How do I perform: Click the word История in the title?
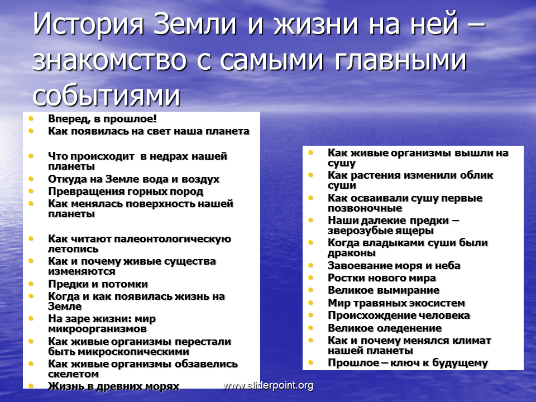click(x=88, y=24)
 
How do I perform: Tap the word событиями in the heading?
click(x=106, y=95)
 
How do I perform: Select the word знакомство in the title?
click(x=109, y=60)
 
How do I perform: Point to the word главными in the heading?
click(x=400, y=60)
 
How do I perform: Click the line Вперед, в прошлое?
click(x=102, y=118)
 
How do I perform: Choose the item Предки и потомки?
click(x=98, y=284)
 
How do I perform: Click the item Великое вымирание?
click(x=384, y=290)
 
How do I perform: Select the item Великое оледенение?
click(x=385, y=328)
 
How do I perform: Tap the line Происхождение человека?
click(x=399, y=315)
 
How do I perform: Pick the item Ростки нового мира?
click(x=381, y=278)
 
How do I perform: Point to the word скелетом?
click(x=73, y=374)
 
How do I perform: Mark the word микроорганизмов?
click(x=97, y=329)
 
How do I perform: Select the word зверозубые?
click(x=358, y=231)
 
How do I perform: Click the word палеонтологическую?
click(x=173, y=239)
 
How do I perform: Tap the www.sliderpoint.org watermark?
click(x=269, y=386)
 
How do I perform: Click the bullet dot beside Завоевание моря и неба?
click(x=311, y=265)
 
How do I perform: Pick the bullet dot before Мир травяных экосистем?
click(x=311, y=303)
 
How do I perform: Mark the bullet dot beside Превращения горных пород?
click(x=31, y=191)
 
